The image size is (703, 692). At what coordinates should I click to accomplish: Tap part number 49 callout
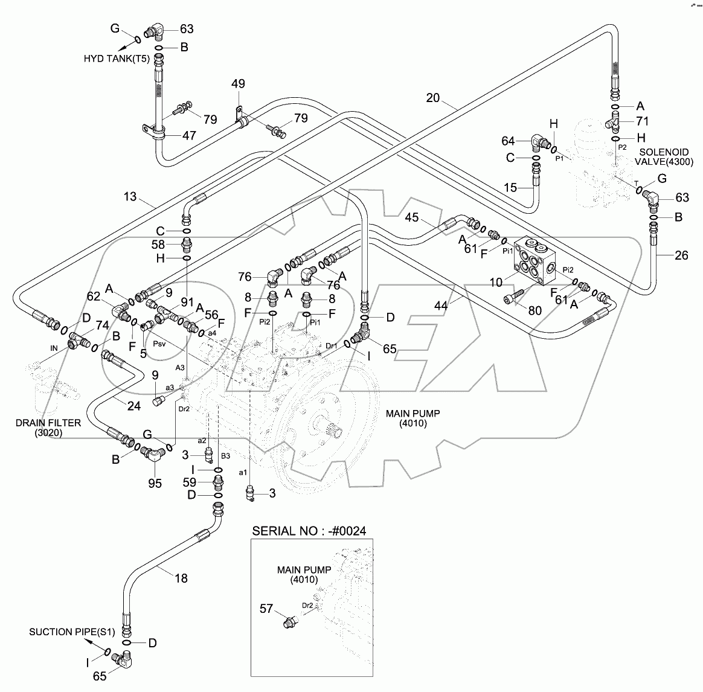[x=239, y=85]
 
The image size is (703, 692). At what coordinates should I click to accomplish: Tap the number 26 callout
[x=681, y=255]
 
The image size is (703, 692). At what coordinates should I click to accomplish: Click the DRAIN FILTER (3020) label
[x=39, y=428]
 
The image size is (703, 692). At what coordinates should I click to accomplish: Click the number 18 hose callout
[x=181, y=578]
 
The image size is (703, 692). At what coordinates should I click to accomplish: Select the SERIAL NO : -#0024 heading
[x=309, y=531]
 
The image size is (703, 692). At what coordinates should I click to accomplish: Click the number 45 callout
[x=412, y=217]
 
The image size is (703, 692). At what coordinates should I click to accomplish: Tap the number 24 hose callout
[x=133, y=406]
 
